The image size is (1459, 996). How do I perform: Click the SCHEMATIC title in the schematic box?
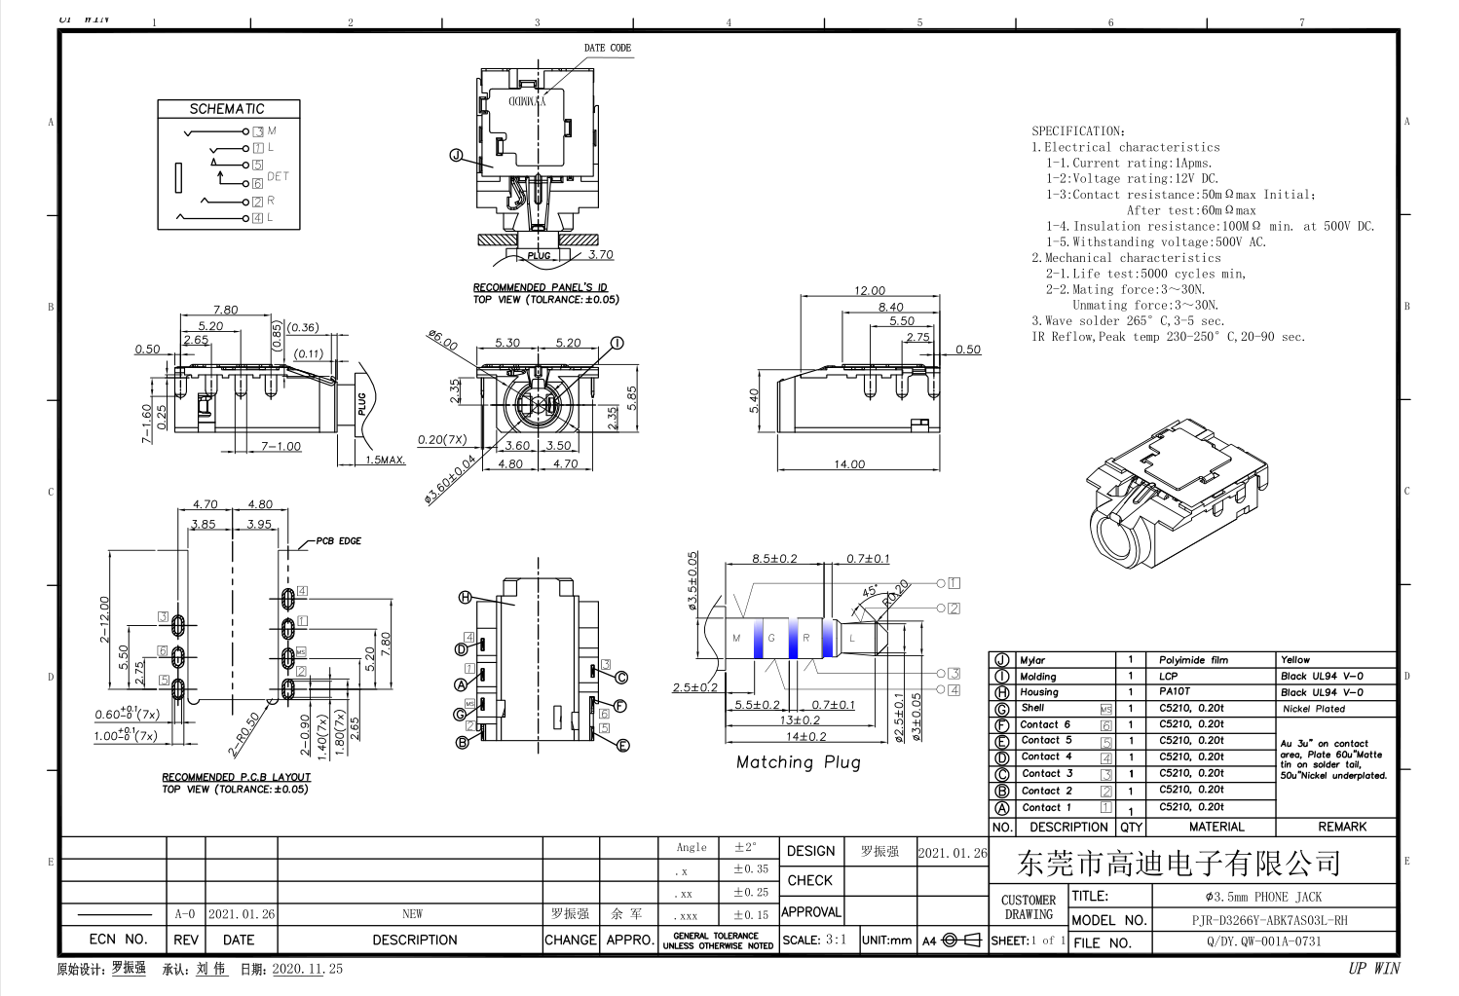(x=227, y=109)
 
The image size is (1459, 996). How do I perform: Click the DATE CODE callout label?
(x=607, y=48)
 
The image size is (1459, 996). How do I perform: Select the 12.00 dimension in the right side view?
(x=869, y=290)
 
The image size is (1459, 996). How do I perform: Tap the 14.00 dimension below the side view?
(x=848, y=464)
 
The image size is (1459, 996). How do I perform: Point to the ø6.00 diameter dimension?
(x=442, y=341)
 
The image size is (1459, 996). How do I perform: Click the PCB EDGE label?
(x=338, y=541)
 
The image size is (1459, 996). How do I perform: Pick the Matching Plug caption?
(x=798, y=762)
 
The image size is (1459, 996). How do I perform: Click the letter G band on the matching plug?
(x=771, y=639)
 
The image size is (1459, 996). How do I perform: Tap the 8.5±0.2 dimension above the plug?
(x=774, y=559)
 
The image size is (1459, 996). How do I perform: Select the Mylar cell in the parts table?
(x=1032, y=660)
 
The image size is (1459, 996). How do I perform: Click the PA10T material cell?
(x=1174, y=692)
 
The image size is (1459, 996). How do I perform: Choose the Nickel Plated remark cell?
(x=1313, y=709)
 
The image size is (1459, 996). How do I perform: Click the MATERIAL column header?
(x=1216, y=827)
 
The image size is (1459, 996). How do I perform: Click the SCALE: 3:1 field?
(x=814, y=941)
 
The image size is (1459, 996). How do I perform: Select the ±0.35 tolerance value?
(x=750, y=869)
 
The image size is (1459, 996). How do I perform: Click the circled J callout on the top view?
(x=456, y=156)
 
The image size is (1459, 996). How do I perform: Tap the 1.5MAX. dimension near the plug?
(x=385, y=460)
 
